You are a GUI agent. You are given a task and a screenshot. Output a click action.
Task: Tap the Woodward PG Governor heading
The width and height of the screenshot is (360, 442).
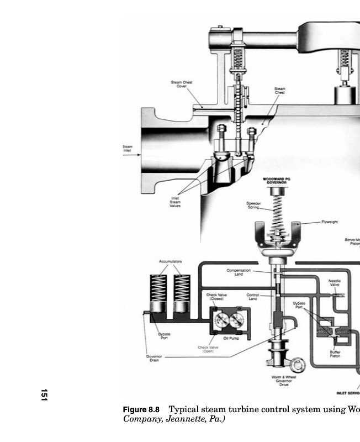click(278, 181)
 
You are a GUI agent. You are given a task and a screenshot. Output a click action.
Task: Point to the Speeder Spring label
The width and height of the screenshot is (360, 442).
click(253, 205)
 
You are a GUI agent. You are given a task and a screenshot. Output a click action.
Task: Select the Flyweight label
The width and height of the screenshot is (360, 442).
click(330, 222)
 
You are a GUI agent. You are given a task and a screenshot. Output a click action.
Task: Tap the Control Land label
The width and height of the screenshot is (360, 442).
click(252, 297)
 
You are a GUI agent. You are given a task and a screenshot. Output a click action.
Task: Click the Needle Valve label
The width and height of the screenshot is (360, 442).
click(334, 283)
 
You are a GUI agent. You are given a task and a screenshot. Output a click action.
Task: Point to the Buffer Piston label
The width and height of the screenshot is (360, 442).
click(335, 354)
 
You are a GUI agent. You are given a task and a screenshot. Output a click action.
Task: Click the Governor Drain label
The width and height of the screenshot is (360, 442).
click(154, 359)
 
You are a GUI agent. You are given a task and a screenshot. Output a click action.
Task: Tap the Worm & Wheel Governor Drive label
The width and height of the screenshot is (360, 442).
click(284, 381)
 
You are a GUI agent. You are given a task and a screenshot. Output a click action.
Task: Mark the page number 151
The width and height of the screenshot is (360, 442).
click(44, 395)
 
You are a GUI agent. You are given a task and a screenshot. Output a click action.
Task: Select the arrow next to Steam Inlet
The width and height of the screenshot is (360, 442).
click(133, 155)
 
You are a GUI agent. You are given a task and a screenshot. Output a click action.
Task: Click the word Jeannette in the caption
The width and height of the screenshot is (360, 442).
click(186, 419)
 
